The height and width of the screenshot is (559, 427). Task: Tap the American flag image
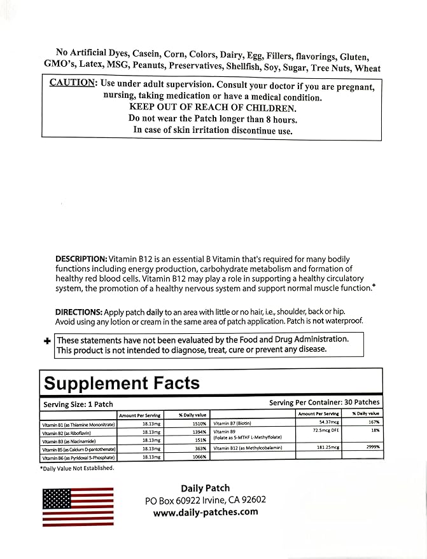pos(77,507)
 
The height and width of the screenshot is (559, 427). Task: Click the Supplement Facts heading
pos(121,383)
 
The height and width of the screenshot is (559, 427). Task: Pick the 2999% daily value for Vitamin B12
pos(372,447)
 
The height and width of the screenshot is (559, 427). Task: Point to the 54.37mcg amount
pos(323,422)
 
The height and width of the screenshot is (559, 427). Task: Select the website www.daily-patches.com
pos(205,511)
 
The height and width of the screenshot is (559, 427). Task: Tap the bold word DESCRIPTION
pos(80,258)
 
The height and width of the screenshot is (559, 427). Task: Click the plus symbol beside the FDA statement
pos(47,341)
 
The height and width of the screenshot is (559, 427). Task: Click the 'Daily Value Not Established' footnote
pos(78,468)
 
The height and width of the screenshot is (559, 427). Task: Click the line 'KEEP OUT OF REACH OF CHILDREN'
pos(213,107)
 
